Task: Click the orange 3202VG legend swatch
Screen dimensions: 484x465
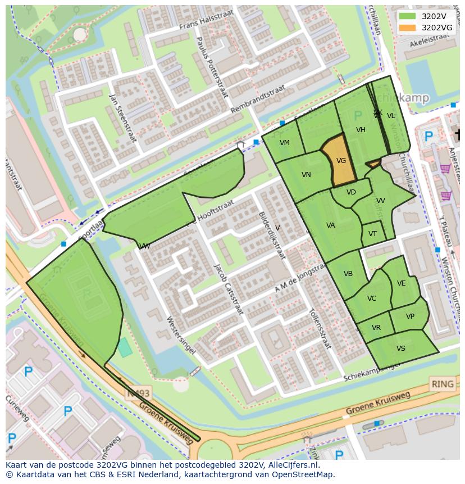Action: click(x=408, y=28)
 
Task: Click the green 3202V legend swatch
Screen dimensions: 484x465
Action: click(x=408, y=16)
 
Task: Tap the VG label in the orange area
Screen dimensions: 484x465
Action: click(x=341, y=161)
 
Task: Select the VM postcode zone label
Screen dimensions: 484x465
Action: click(x=285, y=143)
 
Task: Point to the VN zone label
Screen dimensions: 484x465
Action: click(x=306, y=175)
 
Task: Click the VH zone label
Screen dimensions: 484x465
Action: click(x=361, y=130)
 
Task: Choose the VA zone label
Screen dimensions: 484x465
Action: click(x=331, y=225)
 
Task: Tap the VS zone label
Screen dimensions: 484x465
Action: click(x=400, y=349)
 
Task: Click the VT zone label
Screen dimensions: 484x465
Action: click(x=373, y=234)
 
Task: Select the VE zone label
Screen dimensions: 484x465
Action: click(x=401, y=283)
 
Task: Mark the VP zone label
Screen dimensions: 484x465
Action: click(x=410, y=316)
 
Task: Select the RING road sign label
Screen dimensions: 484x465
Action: click(x=442, y=385)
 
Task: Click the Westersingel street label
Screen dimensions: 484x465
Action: click(x=181, y=335)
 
